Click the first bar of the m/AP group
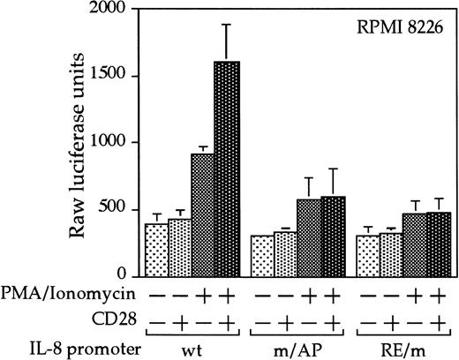[261, 255]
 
